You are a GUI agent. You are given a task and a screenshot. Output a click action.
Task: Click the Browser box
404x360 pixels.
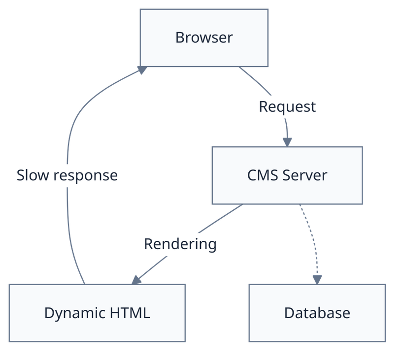point(204,38)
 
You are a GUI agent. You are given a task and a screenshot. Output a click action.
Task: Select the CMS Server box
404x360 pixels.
point(287,175)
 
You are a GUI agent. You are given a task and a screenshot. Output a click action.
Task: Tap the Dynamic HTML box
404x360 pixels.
point(97,313)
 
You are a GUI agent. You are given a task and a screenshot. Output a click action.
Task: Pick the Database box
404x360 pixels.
point(317,313)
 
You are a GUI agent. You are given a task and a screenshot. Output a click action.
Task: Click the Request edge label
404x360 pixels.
point(287,107)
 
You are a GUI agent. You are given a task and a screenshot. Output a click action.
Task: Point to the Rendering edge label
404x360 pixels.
point(180,244)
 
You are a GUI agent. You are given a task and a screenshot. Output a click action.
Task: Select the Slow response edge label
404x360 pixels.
point(67,175)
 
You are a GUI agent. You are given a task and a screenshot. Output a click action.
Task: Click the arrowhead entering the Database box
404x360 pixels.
point(317,278)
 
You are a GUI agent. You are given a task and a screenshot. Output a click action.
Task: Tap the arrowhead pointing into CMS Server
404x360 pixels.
point(287,140)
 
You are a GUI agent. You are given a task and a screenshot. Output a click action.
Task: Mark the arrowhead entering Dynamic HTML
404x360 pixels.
point(136,279)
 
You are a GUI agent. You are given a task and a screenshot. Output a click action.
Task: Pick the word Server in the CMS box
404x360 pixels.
point(305,175)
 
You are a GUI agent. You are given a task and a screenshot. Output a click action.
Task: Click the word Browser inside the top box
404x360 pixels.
point(204,38)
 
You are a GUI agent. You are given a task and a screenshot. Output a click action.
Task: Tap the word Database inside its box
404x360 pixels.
point(317,313)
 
